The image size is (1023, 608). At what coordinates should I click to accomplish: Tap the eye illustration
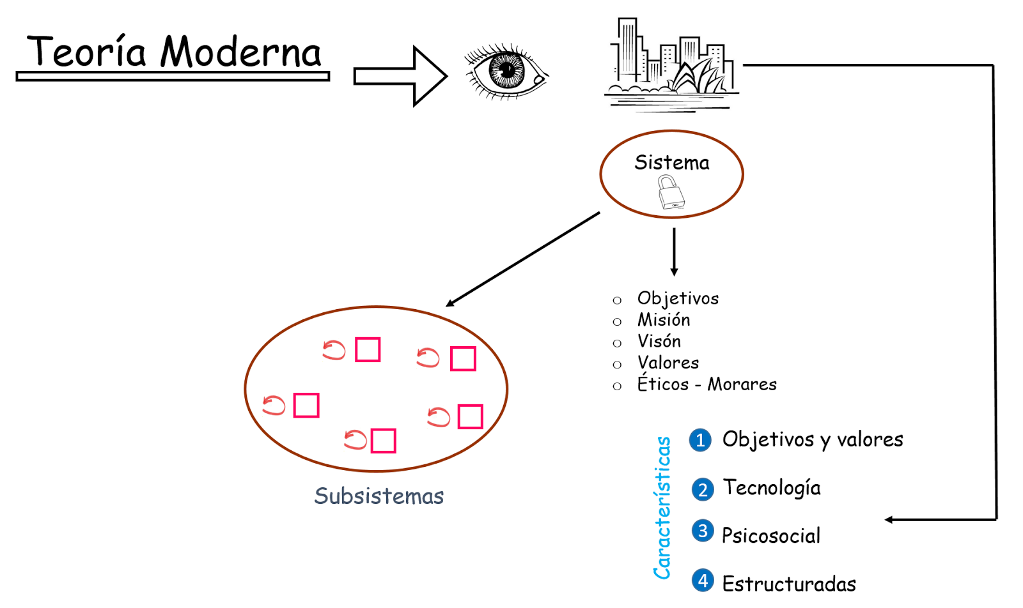point(506,72)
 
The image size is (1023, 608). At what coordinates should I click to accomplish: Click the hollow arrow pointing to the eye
point(400,76)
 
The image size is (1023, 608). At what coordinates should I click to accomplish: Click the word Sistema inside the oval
point(671,163)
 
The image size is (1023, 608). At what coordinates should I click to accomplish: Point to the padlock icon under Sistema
point(671,193)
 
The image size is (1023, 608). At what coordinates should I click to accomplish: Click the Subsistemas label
point(379,496)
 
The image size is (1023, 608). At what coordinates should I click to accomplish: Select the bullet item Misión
point(664,320)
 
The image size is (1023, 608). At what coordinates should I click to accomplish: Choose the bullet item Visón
point(659,341)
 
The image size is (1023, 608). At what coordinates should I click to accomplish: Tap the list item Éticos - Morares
point(707,384)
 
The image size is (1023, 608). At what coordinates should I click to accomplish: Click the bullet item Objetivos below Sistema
point(678,298)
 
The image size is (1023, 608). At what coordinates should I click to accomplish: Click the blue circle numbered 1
point(700,440)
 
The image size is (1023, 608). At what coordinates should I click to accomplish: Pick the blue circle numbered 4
point(703,581)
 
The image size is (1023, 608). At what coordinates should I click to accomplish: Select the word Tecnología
point(772,488)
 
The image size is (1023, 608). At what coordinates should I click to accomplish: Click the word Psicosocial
point(771,535)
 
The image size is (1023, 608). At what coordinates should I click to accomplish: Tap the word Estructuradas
point(789,584)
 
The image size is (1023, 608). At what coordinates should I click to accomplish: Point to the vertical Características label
point(663,508)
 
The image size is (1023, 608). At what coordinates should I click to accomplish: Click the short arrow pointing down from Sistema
point(674,252)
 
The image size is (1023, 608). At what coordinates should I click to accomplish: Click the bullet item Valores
point(668,363)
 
